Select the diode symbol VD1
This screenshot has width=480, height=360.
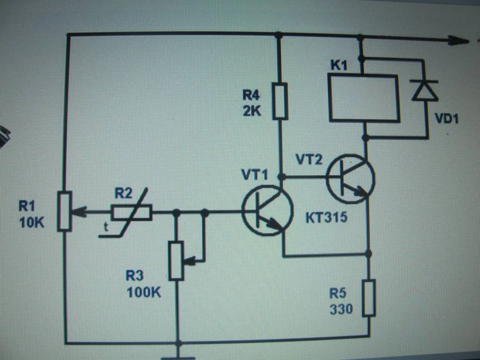pyautogui.click(x=424, y=90)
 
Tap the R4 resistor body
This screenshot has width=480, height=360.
pyautogui.click(x=280, y=101)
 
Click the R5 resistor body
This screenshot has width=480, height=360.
pyautogui.click(x=369, y=298)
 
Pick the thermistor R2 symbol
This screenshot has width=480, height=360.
pyautogui.click(x=132, y=213)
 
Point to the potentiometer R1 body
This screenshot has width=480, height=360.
pyautogui.click(x=65, y=211)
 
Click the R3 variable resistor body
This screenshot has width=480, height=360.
pyautogui.click(x=176, y=260)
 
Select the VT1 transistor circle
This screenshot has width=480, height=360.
pyautogui.click(x=267, y=210)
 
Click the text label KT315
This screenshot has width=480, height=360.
pyautogui.click(x=326, y=218)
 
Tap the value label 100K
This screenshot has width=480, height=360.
pyautogui.click(x=144, y=292)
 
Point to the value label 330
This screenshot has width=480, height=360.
pyautogui.click(x=341, y=309)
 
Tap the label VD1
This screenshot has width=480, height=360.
pyautogui.click(x=446, y=118)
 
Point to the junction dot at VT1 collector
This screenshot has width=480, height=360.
pyautogui.click(x=282, y=177)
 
